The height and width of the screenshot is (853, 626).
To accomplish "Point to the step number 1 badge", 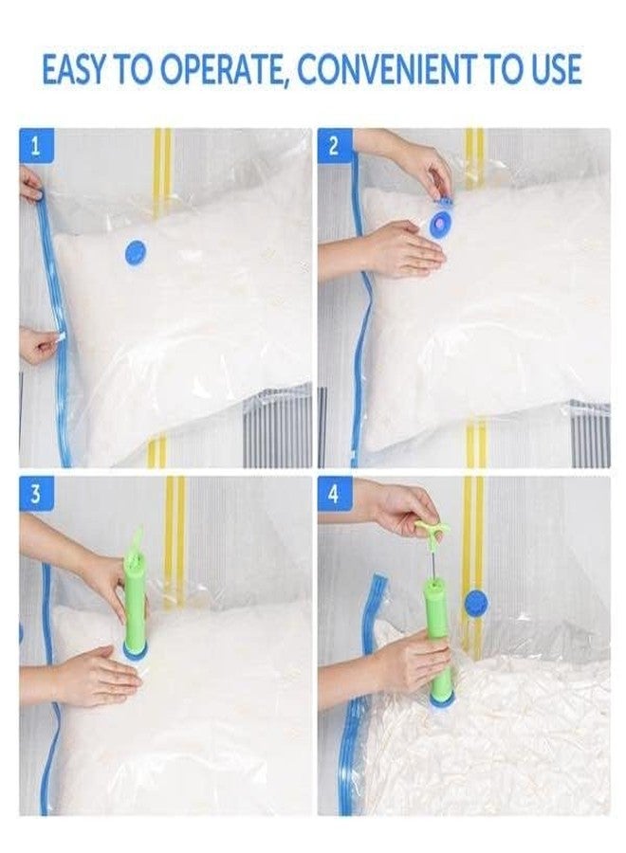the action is (36, 146).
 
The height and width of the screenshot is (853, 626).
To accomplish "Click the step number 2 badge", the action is (334, 146).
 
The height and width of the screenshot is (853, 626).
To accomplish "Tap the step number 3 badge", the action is (36, 495).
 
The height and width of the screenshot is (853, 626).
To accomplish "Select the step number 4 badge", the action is (334, 495).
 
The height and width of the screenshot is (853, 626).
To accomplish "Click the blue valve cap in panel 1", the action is (136, 252).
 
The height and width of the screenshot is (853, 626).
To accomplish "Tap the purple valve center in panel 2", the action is (439, 222).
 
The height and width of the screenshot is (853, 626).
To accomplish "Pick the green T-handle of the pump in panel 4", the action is (429, 528).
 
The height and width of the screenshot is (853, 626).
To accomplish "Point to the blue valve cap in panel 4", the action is (476, 601).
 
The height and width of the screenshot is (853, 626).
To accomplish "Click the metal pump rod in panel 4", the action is (432, 558).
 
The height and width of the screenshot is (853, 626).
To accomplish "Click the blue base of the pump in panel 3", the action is (136, 650).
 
